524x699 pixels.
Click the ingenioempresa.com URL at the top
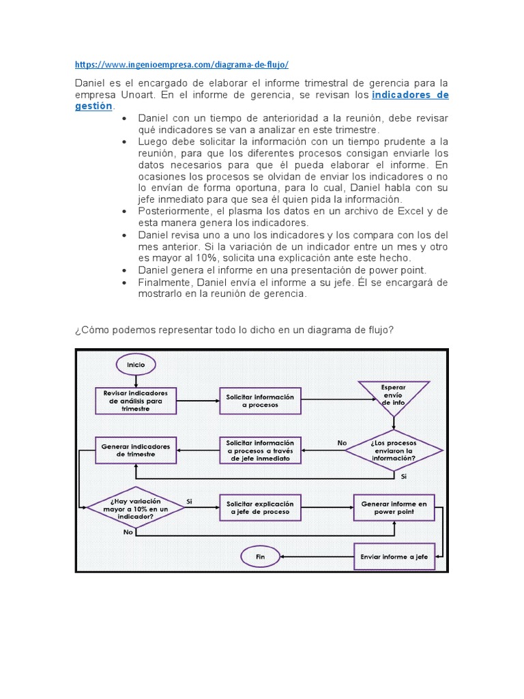pos(181,64)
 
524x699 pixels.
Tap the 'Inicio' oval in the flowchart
pos(136,365)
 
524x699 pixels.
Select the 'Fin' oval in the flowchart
pos(260,557)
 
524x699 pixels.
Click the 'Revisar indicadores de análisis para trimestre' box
pos(136,401)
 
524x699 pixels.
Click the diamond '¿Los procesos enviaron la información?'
pos(394,450)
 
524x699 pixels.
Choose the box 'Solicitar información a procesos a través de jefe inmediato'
pos(260,450)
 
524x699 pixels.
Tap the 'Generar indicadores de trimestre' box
pos(136,450)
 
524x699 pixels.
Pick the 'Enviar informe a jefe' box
pos(394,557)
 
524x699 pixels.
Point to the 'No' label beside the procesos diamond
pos(342,443)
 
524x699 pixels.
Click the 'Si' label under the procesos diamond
pos(404,476)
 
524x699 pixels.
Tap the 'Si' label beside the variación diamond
pos(190,501)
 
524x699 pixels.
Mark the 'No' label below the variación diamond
pos(128,532)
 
